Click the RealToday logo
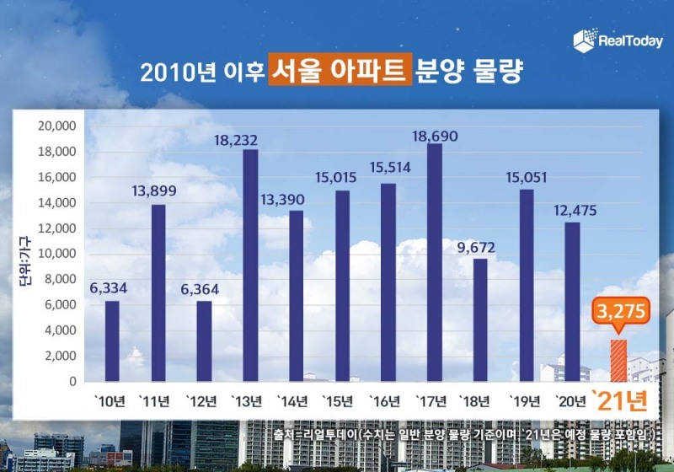pyautogui.click(x=618, y=40)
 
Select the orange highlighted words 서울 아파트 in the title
pyautogui.click(x=340, y=71)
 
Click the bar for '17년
pyautogui.click(x=435, y=262)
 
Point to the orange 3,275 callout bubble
pyautogui.click(x=619, y=312)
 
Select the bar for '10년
pyautogui.click(x=112, y=341)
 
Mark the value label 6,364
pyautogui.click(x=204, y=290)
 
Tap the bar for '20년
pyautogui.click(x=572, y=302)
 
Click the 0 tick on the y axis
pyautogui.click(x=74, y=381)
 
